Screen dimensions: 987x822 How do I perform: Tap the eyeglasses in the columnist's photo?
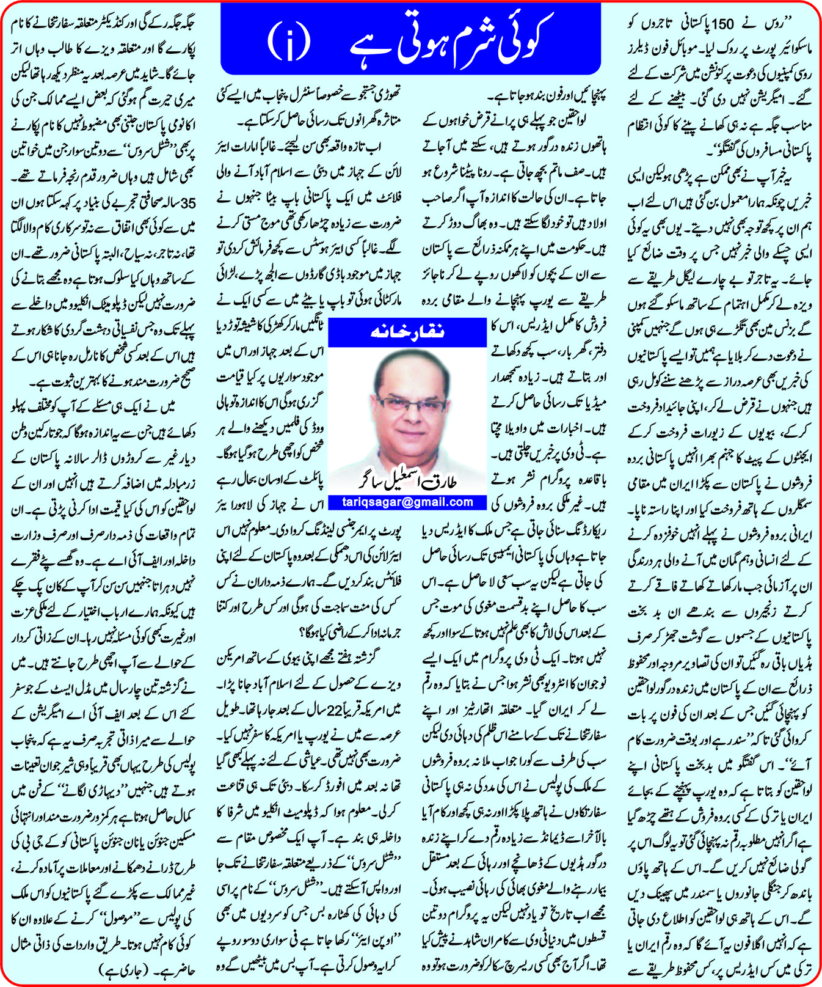click(411, 403)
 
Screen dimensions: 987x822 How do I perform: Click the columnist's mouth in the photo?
click(411, 439)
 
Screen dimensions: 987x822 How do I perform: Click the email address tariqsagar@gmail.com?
click(409, 502)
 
